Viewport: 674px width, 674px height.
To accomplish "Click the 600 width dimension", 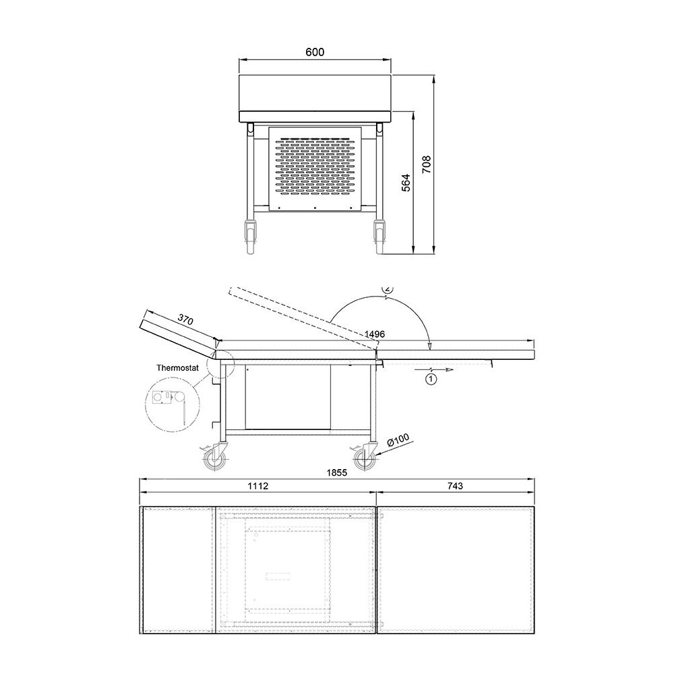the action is point(315,52).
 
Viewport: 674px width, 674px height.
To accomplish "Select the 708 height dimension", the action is point(426,164).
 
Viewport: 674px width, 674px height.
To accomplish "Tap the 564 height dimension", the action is point(405,183).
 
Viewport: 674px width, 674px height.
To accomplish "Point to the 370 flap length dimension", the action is point(186,319).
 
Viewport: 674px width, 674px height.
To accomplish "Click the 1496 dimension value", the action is point(374,334).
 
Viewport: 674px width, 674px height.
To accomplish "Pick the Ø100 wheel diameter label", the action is point(398,440).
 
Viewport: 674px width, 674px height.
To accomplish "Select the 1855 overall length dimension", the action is point(336,472).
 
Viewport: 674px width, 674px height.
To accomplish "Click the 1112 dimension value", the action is point(258,486).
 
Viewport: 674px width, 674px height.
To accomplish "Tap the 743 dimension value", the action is point(455,486).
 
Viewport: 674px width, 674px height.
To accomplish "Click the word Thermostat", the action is point(177,368).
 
